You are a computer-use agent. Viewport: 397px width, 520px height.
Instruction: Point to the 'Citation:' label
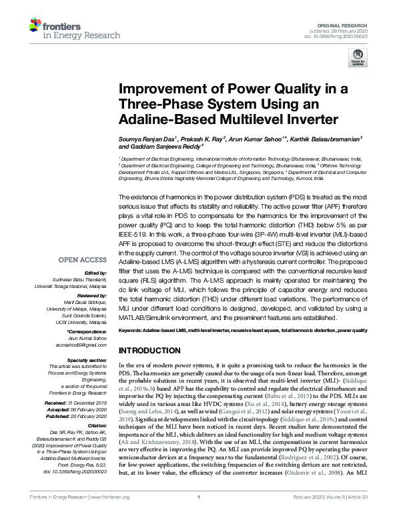[95, 425]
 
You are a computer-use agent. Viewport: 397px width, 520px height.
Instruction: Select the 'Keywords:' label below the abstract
[132, 331]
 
